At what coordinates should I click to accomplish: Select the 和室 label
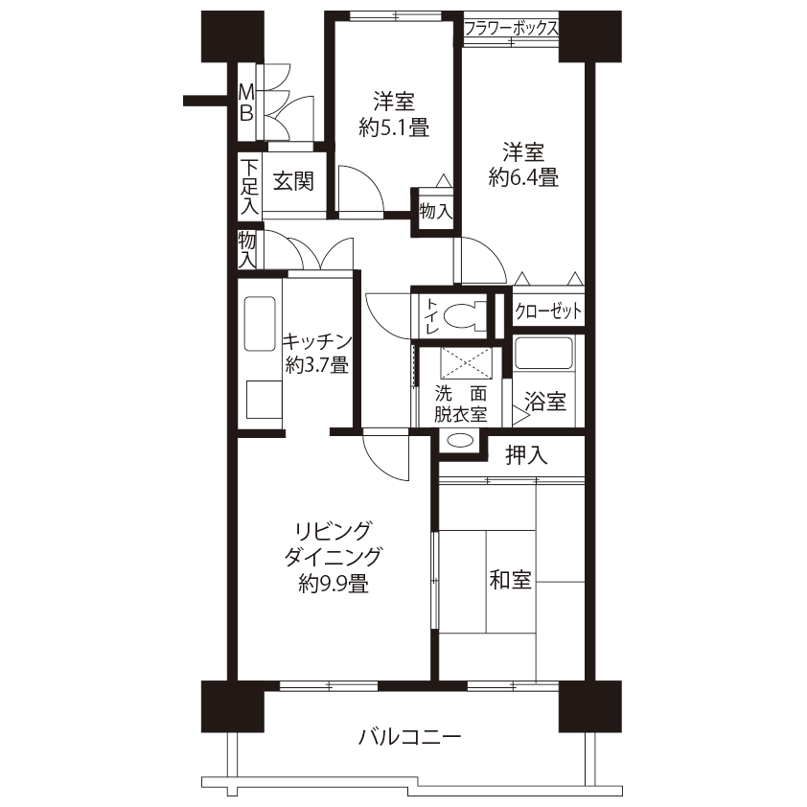510,580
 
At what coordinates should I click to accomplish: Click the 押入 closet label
526,455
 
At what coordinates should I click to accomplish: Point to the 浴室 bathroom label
545,401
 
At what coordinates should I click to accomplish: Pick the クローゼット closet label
548,311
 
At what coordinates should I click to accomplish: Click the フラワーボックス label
511,28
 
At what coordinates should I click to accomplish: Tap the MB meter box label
246,103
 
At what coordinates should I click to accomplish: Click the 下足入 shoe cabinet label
249,187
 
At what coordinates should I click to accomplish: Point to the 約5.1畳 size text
394,127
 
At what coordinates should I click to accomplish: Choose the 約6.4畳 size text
523,177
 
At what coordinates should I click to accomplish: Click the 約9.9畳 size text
333,584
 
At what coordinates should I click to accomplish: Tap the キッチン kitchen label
317,341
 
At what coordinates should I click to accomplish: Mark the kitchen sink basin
260,324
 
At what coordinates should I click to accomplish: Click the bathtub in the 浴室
543,353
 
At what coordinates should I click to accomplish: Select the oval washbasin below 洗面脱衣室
459,441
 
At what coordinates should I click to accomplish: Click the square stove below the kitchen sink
264,400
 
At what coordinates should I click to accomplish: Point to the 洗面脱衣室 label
460,404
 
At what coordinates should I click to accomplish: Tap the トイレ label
430,316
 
